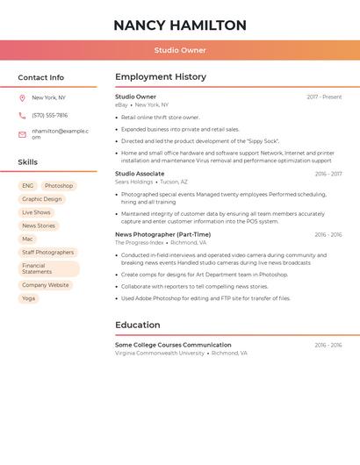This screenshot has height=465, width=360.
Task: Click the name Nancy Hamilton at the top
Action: [180, 25]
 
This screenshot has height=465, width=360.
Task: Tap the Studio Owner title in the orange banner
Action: [180, 51]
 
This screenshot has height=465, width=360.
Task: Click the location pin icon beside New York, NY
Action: [22, 98]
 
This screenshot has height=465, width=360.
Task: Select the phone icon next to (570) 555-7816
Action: [22, 116]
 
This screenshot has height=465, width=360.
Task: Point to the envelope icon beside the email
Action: [22, 134]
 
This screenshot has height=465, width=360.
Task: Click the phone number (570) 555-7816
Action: [49, 116]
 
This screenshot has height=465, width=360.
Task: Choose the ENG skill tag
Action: [28, 186]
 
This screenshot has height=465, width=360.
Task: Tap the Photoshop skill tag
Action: [59, 186]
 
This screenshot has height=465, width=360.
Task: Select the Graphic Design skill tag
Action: [42, 199]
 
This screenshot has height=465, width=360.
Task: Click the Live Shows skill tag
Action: [36, 212]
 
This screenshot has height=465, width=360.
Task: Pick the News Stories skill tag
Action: [39, 225]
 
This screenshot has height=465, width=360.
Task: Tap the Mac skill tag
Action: [27, 239]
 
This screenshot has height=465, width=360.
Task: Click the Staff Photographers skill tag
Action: [48, 253]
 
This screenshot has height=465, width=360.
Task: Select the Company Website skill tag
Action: [46, 285]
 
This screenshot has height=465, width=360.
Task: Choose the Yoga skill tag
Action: [28, 298]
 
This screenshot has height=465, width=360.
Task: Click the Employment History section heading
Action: [161, 77]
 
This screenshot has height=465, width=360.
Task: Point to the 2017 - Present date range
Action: [324, 97]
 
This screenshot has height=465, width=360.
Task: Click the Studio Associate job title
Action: [140, 174]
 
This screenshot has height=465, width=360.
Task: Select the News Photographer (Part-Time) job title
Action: [162, 235]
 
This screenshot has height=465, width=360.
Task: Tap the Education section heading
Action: [138, 325]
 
